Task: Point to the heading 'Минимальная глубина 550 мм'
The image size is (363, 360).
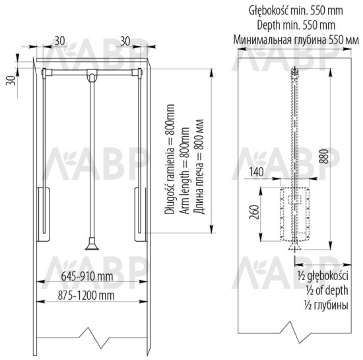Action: click(296, 39)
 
